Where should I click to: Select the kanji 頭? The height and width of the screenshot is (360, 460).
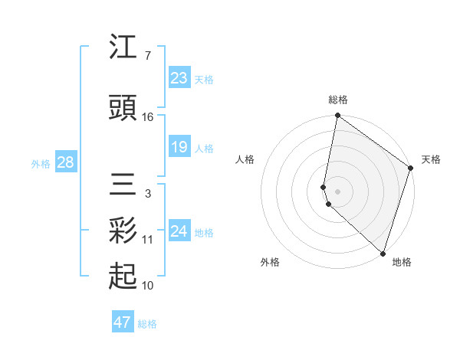tap(123, 108)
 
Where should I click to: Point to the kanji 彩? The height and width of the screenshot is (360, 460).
tap(123, 231)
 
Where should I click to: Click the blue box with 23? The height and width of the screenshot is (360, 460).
tap(179, 78)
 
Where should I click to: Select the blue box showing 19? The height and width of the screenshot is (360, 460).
tap(179, 147)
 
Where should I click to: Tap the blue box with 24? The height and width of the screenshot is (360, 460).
tap(179, 231)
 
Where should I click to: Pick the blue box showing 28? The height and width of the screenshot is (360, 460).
tap(65, 162)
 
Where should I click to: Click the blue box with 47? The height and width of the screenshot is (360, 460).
tap(122, 322)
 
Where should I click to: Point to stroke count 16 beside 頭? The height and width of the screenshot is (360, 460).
tap(148, 117)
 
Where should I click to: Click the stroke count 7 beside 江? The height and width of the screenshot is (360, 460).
tap(147, 56)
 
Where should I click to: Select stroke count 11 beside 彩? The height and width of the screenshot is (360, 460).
tap(148, 240)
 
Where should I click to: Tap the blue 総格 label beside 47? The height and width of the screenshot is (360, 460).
tap(147, 324)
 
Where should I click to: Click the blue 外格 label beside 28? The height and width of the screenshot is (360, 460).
tap(40, 163)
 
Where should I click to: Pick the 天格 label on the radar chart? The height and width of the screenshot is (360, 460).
tap(431, 159)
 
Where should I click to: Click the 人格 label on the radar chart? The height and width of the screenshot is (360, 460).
tap(245, 159)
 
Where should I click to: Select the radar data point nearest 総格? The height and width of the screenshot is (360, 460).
tap(337, 116)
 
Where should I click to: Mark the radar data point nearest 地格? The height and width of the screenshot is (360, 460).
tap(383, 254)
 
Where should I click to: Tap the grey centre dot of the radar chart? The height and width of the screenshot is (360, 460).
tap(337, 191)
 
